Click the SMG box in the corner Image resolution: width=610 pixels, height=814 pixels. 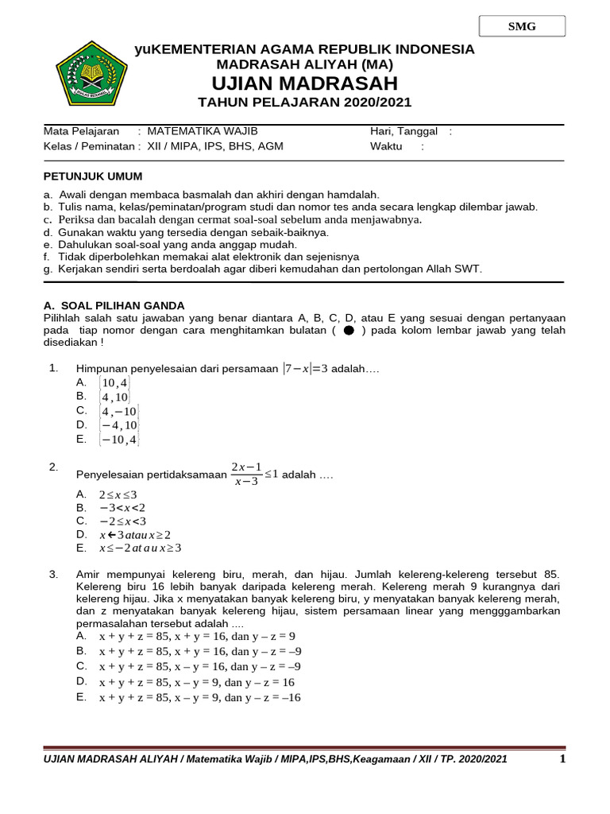pyautogui.click(x=522, y=26)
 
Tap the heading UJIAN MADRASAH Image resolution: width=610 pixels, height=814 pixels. pyautogui.click(x=304, y=84)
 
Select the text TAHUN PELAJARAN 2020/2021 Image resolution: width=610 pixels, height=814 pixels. pyautogui.click(x=304, y=103)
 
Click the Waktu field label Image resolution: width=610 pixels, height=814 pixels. pyautogui.click(x=386, y=146)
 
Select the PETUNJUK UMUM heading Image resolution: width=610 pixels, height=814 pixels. pyautogui.click(x=93, y=176)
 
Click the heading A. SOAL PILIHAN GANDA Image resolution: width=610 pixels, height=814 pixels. pyautogui.click(x=114, y=305)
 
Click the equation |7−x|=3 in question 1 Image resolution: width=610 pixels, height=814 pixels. pyautogui.click(x=305, y=369)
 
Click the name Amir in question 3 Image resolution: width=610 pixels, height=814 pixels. pyautogui.click(x=89, y=574)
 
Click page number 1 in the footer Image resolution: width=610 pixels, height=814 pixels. pyautogui.click(x=562, y=759)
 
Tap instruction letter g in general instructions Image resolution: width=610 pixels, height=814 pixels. pyautogui.click(x=48, y=269)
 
